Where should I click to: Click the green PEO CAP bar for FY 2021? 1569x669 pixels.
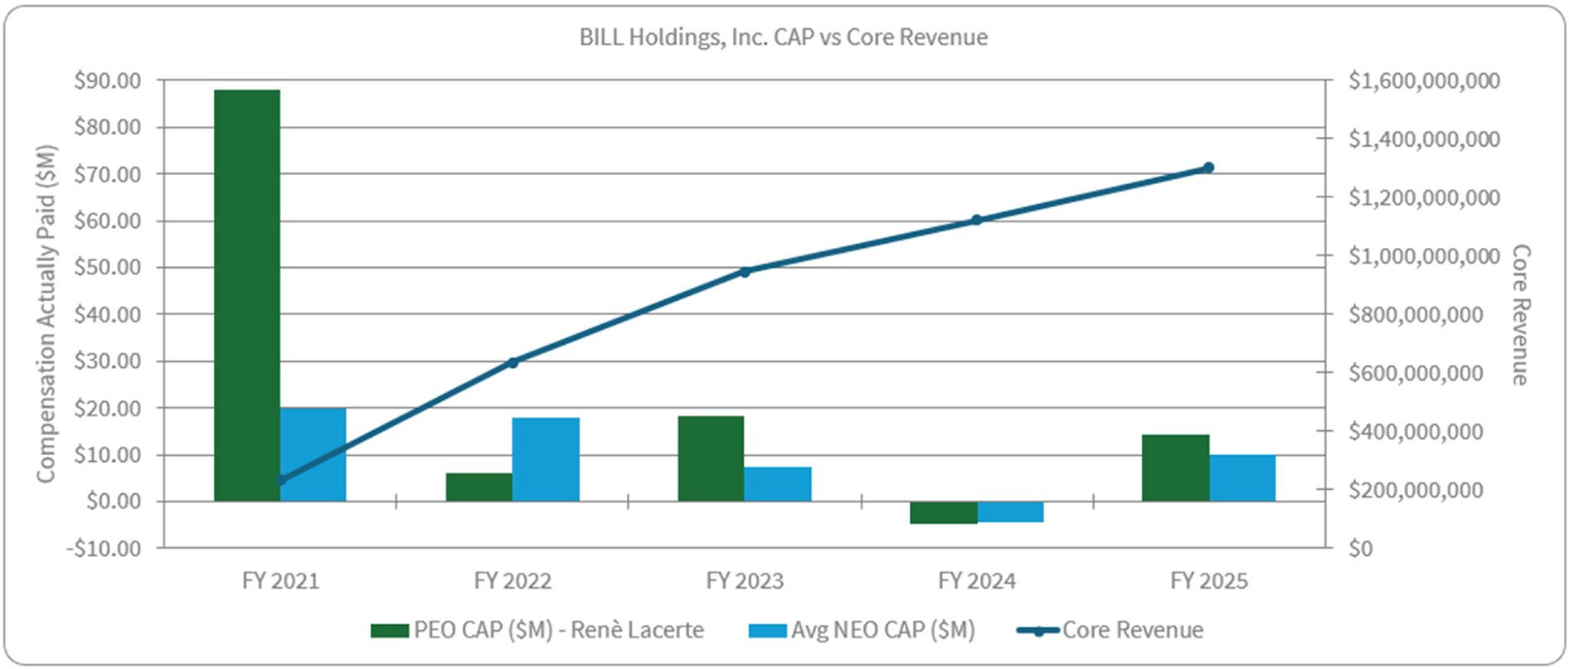pos(247,294)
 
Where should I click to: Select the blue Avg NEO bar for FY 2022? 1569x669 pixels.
pos(546,459)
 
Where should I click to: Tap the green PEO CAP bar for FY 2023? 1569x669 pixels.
pos(711,458)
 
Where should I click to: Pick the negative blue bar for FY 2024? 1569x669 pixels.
pos(1010,511)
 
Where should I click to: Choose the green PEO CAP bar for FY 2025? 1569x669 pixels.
pos(1175,468)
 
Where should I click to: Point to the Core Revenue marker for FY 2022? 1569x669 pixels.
pos(512,362)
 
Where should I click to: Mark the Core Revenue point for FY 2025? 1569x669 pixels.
pos(1208,167)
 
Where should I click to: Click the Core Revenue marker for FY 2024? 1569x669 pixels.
pos(976,220)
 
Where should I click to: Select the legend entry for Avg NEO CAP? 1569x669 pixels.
pos(862,630)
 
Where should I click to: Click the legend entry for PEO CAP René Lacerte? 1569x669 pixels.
pos(537,630)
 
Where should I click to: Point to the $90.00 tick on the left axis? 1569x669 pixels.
pos(107,80)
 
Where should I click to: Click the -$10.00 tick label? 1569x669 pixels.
pos(104,548)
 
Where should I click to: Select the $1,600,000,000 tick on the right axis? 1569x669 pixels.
pos(1424,80)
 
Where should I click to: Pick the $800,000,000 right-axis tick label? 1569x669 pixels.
pos(1416,314)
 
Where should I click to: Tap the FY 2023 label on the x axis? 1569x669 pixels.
pos(745,581)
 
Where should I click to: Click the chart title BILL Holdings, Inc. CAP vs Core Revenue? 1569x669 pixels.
pos(784,37)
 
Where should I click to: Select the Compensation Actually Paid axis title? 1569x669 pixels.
pos(46,313)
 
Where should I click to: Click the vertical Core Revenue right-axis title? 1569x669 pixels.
pos(1520,314)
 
